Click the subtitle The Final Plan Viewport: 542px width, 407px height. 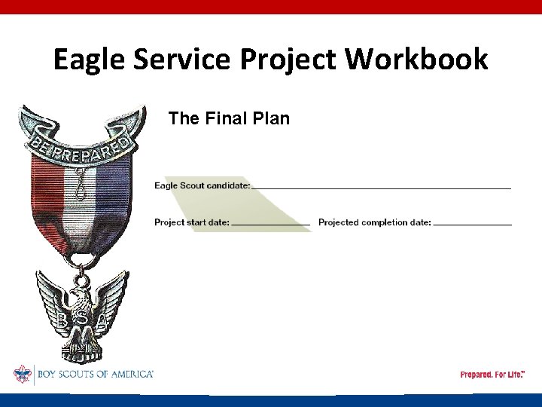point(229,118)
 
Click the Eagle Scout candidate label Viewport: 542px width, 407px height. point(202,185)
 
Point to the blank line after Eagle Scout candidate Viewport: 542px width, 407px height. point(382,188)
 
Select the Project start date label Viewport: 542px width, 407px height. point(192,222)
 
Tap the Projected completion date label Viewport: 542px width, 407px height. point(375,222)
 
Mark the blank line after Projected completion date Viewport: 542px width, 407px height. point(473,225)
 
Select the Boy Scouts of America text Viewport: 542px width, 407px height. point(93,374)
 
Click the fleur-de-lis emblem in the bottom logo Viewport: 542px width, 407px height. point(23,374)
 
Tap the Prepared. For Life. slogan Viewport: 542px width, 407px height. point(492,375)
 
